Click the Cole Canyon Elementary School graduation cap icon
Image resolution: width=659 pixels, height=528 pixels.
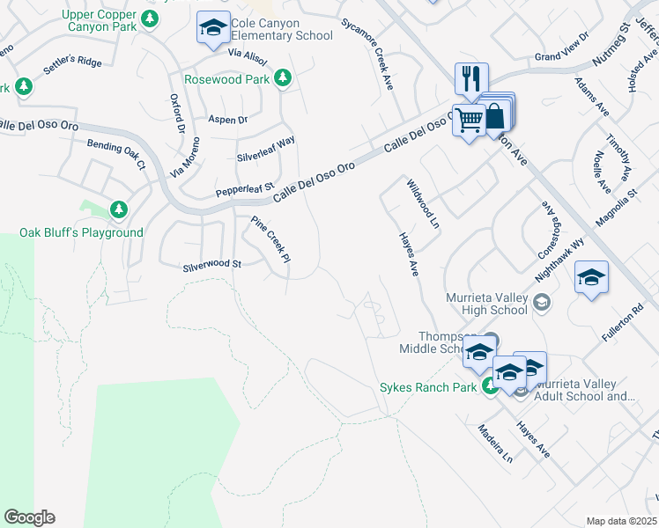tap(211, 27)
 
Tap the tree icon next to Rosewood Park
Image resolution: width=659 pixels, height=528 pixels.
tap(283, 79)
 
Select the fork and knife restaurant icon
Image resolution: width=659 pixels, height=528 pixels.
tap(470, 77)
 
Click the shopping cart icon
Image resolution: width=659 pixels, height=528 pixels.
tap(470, 119)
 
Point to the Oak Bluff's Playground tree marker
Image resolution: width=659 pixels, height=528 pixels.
tap(118, 209)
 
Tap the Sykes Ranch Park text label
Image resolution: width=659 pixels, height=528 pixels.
tap(428, 387)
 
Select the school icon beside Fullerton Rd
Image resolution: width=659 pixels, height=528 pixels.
tap(591, 279)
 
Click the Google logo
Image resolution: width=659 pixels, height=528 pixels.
tap(29, 517)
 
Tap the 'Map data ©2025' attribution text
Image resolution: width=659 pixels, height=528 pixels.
tap(621, 521)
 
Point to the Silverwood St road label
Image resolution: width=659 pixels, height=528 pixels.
tap(211, 264)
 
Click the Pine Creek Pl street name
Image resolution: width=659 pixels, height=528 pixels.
tap(270, 238)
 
